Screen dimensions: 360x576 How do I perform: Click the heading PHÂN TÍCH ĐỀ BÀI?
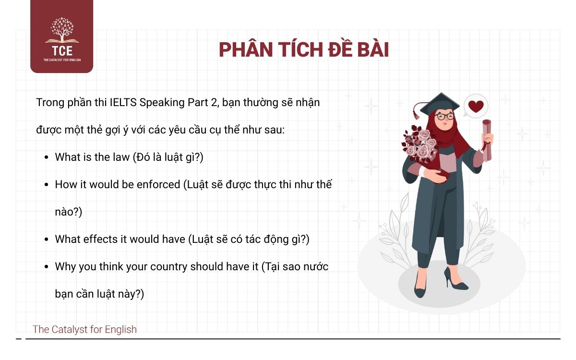(x=303, y=50)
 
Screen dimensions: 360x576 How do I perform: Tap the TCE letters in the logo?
(x=61, y=51)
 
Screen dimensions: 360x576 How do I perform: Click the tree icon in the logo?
(x=61, y=30)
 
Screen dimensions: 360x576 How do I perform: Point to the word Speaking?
(x=174, y=103)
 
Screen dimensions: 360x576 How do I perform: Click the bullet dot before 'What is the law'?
(x=46, y=157)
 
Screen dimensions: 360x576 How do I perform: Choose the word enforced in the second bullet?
(x=158, y=184)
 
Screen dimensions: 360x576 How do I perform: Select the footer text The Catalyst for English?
(x=84, y=329)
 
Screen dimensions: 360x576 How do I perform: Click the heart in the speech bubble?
(x=476, y=107)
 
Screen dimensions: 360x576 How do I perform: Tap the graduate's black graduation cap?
(x=439, y=102)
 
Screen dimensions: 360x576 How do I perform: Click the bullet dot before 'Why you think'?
(x=46, y=267)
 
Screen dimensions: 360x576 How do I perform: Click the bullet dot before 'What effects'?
(x=46, y=240)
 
